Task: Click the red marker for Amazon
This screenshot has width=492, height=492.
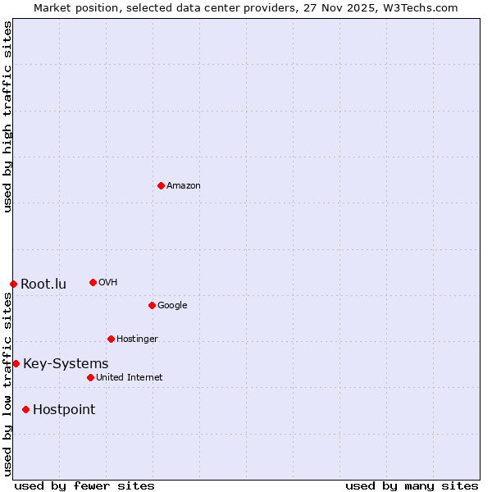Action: pos(161,185)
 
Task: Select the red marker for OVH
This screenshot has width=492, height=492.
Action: pos(93,282)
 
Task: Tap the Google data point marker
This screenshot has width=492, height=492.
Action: pos(152,305)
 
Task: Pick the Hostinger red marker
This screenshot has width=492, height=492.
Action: pos(111,339)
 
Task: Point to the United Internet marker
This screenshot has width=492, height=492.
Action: pos(90,377)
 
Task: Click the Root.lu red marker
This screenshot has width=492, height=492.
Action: pos(13,284)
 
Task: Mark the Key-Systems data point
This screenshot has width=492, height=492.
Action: pos(16,363)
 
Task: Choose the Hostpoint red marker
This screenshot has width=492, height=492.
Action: pos(25,409)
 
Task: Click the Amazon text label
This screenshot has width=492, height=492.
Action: pos(184,186)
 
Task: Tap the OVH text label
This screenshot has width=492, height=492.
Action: pos(108,283)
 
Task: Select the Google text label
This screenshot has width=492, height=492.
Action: pos(172,306)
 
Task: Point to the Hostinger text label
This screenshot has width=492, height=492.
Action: pos(137,339)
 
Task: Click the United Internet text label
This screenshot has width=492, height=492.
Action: pos(129,378)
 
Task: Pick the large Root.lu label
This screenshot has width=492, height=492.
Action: pos(43,285)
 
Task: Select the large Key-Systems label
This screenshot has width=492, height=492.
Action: pos(66,364)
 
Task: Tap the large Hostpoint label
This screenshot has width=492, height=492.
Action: pos(64,410)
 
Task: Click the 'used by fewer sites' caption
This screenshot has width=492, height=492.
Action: pos(84,485)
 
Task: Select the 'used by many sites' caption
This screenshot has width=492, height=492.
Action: pos(412,485)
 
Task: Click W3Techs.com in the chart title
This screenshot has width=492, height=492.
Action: pos(414,7)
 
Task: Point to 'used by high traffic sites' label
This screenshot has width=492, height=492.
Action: pos(7,116)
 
